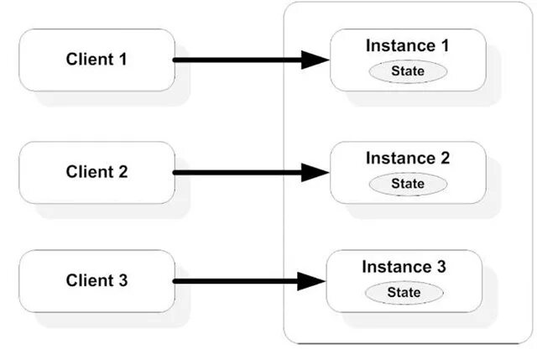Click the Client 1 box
tap(96, 60)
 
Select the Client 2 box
tap(96, 172)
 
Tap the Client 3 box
tap(96, 280)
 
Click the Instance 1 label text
tap(407, 46)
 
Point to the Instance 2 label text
tap(407, 158)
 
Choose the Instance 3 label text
tap(404, 267)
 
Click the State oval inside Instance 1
tap(408, 71)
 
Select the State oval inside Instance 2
tap(408, 183)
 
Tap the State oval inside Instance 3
tap(404, 292)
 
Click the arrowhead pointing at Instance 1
tap(315, 60)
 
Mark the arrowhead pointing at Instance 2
tap(315, 172)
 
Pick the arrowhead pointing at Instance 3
tap(312, 281)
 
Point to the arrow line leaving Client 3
tap(235, 281)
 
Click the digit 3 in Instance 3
tap(441, 267)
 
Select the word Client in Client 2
tap(87, 172)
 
